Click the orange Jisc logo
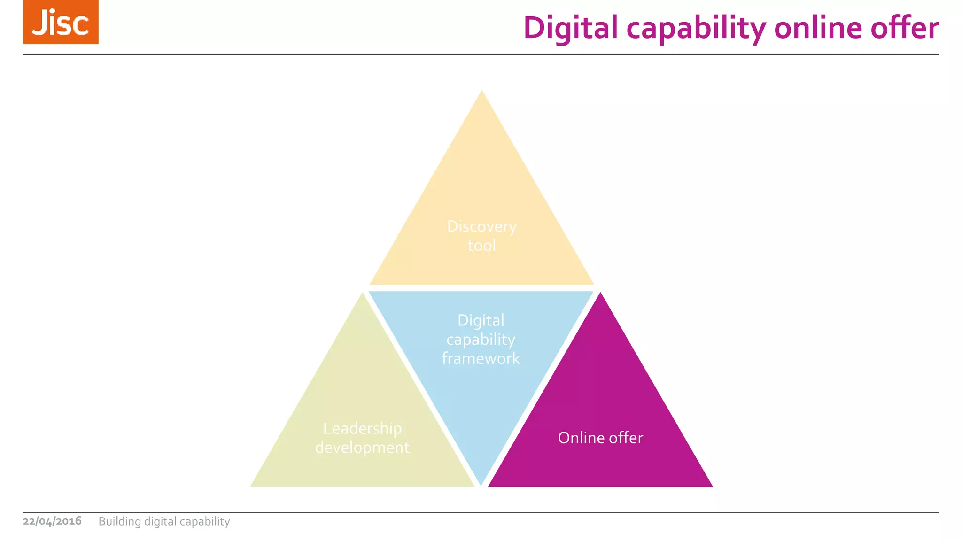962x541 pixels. point(61,22)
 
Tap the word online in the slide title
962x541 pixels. point(818,28)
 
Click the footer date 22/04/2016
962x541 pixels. point(52,521)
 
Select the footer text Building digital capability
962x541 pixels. point(164,522)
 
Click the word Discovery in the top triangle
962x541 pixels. point(481,227)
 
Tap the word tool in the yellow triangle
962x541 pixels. point(481,246)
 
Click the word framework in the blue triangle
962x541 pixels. point(481,359)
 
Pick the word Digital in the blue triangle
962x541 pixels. point(481,321)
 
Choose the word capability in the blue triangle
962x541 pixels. point(481,340)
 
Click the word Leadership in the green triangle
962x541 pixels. point(362,428)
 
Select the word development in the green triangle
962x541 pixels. point(362,448)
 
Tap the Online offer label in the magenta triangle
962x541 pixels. point(600,438)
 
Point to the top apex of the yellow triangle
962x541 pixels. point(482,92)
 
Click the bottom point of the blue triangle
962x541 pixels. point(481,484)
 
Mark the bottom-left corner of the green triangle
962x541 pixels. point(252,486)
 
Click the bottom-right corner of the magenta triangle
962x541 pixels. point(711,486)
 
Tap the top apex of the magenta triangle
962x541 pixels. point(600,294)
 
